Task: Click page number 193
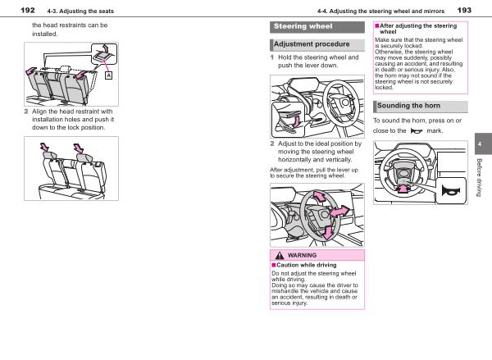464,9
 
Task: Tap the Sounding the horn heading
412,106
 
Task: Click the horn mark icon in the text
417,130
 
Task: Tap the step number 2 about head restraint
26,112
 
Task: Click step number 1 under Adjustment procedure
272,57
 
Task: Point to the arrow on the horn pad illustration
403,189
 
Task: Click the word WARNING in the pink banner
302,256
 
